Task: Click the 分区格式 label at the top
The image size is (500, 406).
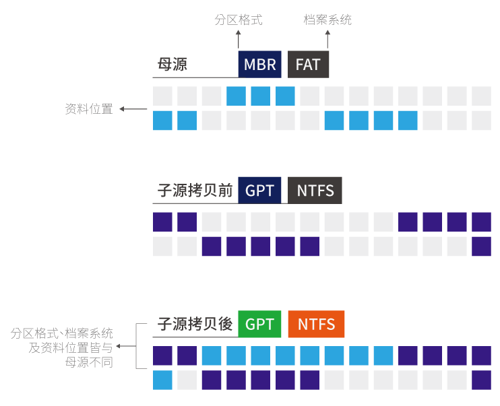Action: [239, 20]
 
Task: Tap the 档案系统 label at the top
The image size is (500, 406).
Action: [327, 20]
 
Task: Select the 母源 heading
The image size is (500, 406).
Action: [172, 65]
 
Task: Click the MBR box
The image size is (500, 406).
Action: [259, 64]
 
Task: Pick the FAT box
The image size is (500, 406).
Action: [308, 64]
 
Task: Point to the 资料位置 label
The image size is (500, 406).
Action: [89, 109]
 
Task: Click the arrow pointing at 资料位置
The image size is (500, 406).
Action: [133, 109]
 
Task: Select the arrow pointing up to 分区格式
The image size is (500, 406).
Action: [239, 38]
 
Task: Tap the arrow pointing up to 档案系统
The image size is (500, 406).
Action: [328, 38]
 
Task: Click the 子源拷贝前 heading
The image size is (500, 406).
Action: [195, 191]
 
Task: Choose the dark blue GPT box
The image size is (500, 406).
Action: [259, 191]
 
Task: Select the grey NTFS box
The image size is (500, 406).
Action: [315, 191]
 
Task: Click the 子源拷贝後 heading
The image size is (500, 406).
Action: [195, 324]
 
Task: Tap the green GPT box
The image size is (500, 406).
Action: [259, 324]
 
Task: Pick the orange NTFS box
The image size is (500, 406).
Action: [316, 324]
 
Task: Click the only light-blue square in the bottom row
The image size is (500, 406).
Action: [162, 380]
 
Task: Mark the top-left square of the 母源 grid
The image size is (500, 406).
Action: [162, 96]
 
